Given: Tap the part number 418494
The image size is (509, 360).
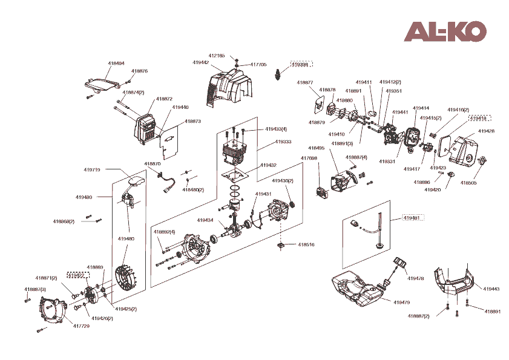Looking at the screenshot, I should point(116,63).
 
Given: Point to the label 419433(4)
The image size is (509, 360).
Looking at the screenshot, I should point(276,129).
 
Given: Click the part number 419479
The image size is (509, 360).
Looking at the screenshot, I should point(402,302).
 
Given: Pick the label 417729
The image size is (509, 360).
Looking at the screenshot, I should point(81,326).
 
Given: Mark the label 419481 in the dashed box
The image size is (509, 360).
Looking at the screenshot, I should point(412,218).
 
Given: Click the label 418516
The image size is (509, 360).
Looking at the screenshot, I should point(306,244).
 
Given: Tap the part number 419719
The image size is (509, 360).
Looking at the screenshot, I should point(92,170).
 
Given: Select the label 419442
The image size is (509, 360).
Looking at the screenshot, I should point(201,62).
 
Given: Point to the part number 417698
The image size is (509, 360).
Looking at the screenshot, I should point(309,159).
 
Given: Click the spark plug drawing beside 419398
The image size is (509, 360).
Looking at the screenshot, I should point(279,74).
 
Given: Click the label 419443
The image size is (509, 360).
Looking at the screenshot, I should point(491,289).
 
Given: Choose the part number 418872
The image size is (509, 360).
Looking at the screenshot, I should point(164,99).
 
